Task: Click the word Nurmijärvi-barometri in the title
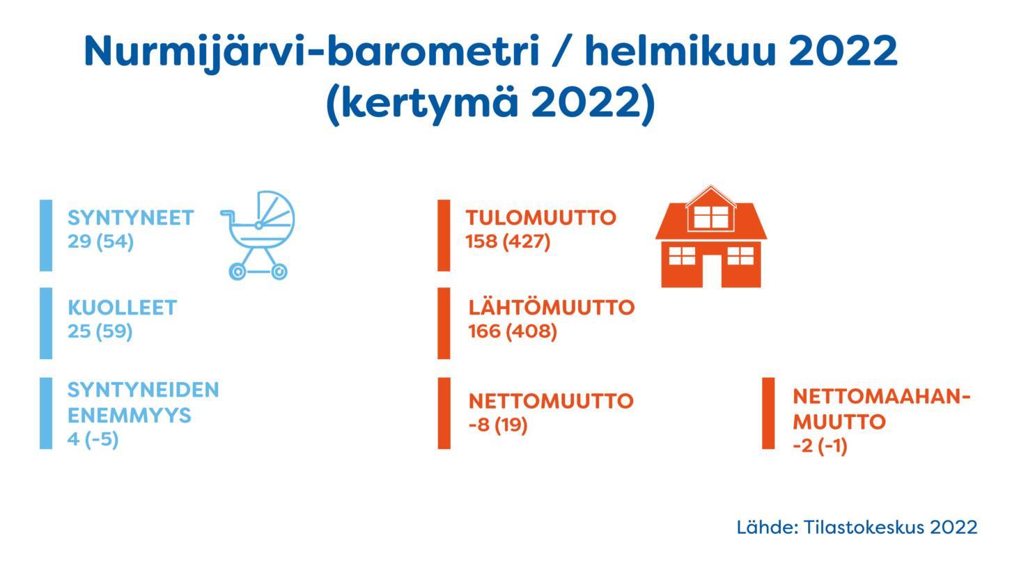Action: coord(312,52)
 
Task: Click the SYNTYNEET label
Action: coord(131,218)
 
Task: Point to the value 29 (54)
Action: coord(101,242)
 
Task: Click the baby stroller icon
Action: coord(258,235)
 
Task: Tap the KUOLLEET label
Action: coord(123,308)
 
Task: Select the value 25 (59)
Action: coord(100,331)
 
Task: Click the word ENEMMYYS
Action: coord(130,416)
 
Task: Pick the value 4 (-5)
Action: coord(93,439)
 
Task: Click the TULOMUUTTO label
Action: coord(541,218)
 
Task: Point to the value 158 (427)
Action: coord(508,242)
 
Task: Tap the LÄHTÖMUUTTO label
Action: coord(552,306)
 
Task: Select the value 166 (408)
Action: coord(513,331)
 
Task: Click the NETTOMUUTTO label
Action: coord(551,401)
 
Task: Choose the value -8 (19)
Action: coord(498,425)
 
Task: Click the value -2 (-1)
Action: coord(820,446)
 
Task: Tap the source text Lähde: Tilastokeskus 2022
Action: coord(857,528)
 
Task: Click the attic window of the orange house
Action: coord(711,217)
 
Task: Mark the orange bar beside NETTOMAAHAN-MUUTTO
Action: coord(768,413)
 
